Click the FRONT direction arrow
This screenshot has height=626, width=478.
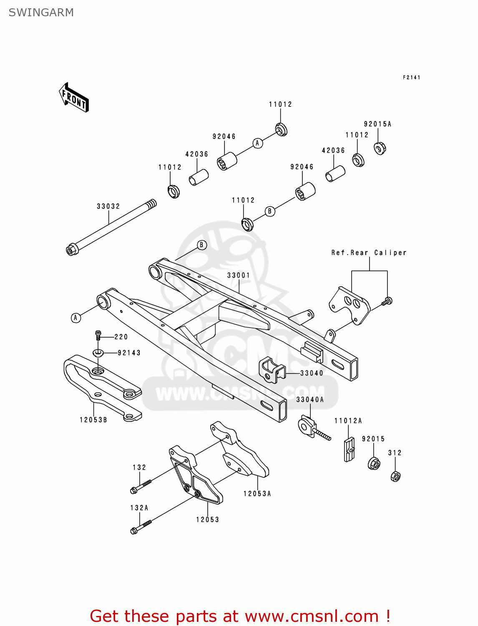[74, 98]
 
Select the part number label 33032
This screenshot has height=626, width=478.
[108, 206]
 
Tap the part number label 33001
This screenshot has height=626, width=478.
[239, 275]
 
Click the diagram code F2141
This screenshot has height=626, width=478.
[411, 77]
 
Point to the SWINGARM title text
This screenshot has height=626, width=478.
[41, 13]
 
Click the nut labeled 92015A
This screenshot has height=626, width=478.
[380, 148]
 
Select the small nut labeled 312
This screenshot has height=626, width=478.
[395, 476]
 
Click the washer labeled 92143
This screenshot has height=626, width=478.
[98, 353]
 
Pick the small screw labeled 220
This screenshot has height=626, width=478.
[98, 335]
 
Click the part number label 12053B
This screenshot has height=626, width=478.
[93, 420]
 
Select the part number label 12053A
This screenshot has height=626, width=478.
[257, 494]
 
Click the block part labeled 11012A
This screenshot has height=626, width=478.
[349, 449]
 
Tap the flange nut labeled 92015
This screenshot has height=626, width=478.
[374, 463]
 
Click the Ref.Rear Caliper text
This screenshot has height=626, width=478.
[369, 252]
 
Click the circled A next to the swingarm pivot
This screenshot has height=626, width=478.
[75, 318]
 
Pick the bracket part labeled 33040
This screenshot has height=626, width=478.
[272, 370]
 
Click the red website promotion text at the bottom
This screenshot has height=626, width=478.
[240, 616]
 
